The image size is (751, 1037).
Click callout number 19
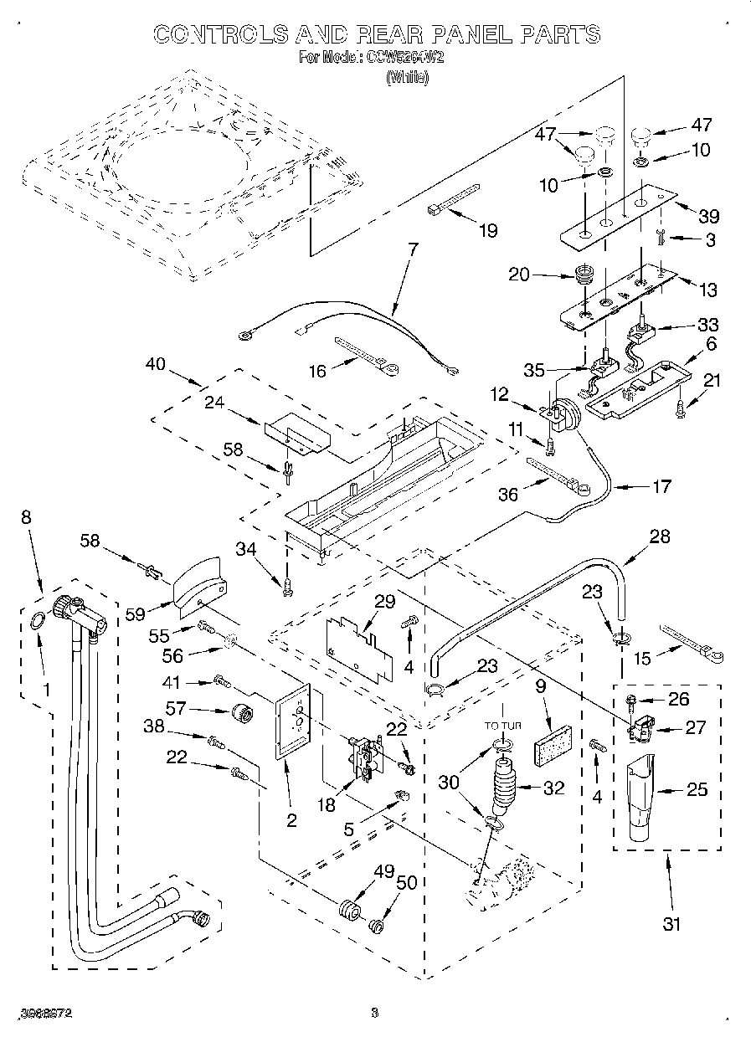pos(486,231)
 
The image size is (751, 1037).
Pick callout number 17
pos(661,485)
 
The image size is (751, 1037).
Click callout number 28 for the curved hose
pos(660,536)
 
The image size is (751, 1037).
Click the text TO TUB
pos(502,726)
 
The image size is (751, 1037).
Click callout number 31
pos(671,924)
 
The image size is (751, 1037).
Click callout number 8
pos(27,517)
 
